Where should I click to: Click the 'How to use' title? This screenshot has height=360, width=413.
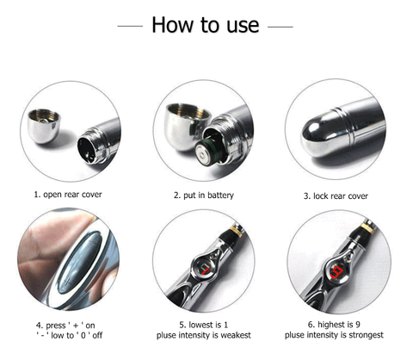coord(206,25)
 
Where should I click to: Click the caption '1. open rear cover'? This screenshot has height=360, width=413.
coord(68,195)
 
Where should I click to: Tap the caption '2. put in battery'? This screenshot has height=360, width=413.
coord(204,196)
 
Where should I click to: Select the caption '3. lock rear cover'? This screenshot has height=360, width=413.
coord(336,196)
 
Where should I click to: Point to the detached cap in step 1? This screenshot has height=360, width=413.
coord(44,126)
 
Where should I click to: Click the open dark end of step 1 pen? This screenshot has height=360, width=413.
coord(86,151)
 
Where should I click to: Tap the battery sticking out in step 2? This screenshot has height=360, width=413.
coord(208,152)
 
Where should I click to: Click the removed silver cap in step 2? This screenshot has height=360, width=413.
coord(186,126)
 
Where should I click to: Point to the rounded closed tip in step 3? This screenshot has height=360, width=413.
coord(318,135)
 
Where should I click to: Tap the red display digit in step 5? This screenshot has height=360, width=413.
coord(205,270)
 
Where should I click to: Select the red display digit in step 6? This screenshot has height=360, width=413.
coord(336,272)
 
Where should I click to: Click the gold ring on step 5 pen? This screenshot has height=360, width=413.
coord(236,231)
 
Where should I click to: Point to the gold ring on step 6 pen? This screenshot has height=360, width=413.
coord(367,227)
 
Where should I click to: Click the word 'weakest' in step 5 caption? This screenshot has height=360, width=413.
coord(236,335)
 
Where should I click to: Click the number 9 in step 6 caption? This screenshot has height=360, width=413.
coord(358,325)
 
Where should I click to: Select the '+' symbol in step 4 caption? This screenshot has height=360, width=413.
coord(76,326)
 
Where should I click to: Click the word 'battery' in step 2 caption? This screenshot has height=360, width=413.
coord(220,196)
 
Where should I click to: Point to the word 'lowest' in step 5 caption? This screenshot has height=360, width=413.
coord(200,325)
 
